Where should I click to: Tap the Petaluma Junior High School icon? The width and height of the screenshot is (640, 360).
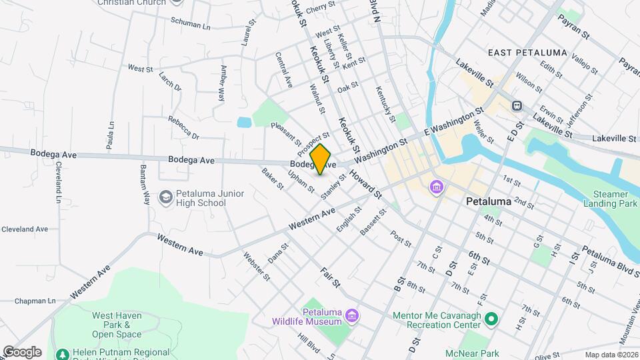(165, 197)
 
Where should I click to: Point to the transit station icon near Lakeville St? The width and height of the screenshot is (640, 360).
(517, 105)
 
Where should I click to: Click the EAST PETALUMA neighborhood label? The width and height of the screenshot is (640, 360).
(527, 53)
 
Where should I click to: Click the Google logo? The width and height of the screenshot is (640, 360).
(21, 351)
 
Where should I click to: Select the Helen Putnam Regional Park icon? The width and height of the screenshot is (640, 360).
(63, 354)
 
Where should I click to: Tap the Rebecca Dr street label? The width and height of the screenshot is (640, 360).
(183, 127)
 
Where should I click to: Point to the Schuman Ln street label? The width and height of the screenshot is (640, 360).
(190, 24)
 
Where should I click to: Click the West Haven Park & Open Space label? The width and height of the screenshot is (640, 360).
(111, 325)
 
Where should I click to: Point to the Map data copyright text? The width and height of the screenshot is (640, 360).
(610, 354)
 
